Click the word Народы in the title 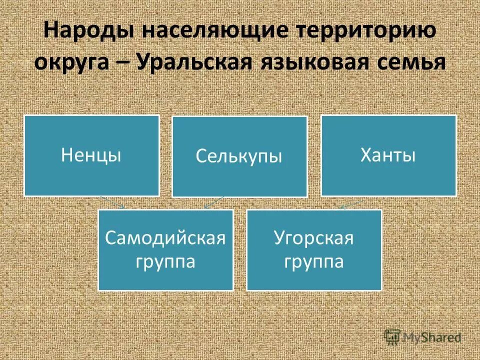point(87,32)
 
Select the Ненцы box point(91,155)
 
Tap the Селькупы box point(239,156)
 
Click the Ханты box point(388,155)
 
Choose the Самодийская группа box point(165,250)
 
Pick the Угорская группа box point(313,250)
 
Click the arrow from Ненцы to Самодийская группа point(113,202)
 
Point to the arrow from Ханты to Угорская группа point(351,204)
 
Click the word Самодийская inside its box point(165,238)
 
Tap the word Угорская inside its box point(313,238)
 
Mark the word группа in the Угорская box point(313,262)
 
